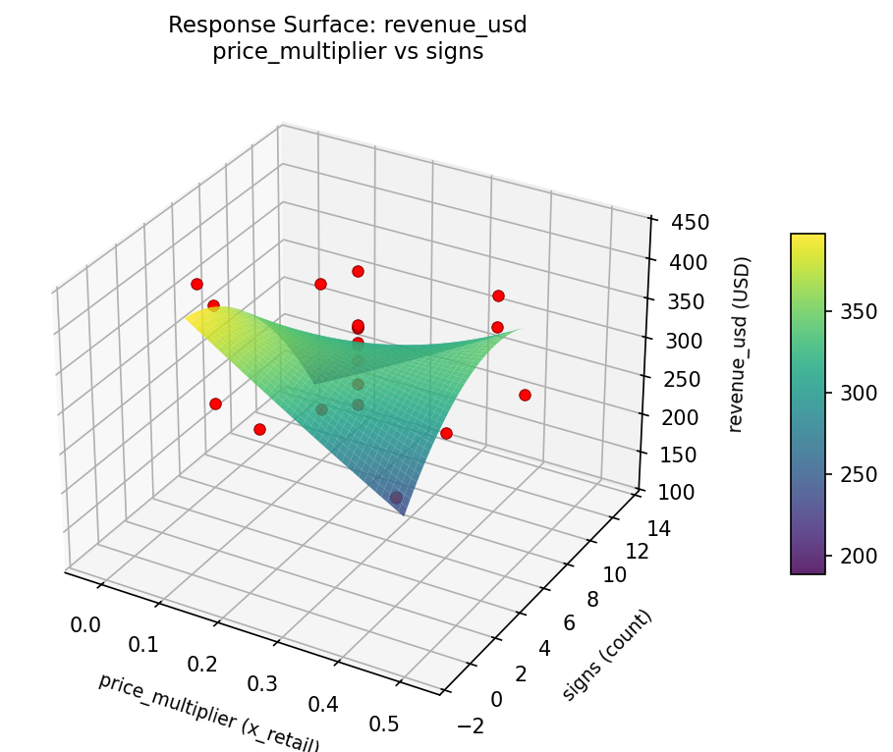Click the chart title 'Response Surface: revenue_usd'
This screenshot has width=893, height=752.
coord(348,26)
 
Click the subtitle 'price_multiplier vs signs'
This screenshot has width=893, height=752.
coord(348,52)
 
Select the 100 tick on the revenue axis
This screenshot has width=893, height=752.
coord(676,492)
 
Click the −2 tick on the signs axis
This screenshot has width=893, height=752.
coord(473,725)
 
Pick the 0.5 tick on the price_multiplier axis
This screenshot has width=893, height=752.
coord(384,725)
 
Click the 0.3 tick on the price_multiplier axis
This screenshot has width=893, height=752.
coord(262,683)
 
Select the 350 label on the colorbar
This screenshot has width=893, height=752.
coord(856,312)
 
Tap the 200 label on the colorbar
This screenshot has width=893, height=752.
coord(856,556)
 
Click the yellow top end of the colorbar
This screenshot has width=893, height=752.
coord(808,239)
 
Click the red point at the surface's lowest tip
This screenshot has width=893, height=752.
coord(396,498)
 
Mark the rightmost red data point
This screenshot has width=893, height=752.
coord(525,395)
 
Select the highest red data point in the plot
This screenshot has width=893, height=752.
coord(358,271)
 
